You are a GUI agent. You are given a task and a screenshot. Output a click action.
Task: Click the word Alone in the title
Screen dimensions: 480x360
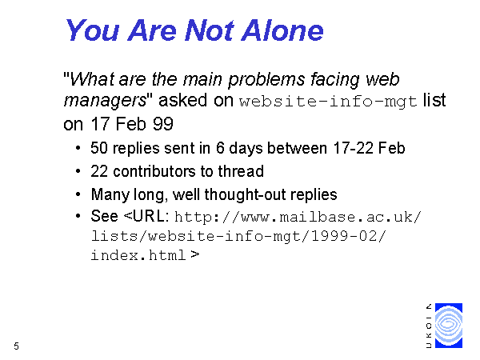tap(282, 30)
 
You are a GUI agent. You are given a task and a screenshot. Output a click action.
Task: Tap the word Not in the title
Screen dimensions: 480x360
tap(210, 30)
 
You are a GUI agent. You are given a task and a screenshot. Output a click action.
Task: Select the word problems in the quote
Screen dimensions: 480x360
tap(266, 80)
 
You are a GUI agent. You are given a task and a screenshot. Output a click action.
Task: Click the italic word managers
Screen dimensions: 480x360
tap(105, 101)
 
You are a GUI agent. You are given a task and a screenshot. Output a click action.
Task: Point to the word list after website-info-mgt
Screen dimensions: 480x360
tap(434, 100)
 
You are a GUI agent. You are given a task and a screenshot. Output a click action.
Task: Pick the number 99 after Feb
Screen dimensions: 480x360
tap(163, 124)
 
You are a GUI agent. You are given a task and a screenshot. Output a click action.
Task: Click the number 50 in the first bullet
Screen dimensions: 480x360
tap(99, 148)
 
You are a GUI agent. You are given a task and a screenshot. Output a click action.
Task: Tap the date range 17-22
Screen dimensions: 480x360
tap(353, 148)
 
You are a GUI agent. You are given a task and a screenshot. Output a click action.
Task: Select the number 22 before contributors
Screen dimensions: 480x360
tap(99, 171)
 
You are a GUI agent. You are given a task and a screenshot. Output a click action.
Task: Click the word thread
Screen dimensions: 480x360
tap(241, 171)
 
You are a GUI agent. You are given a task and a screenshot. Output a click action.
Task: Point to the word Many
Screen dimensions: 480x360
tap(110, 195)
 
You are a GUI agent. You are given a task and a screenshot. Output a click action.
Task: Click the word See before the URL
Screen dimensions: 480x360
tap(104, 216)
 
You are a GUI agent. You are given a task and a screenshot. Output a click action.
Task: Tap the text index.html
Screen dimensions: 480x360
tap(138, 255)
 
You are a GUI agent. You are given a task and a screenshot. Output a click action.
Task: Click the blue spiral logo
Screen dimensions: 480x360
tap(449, 326)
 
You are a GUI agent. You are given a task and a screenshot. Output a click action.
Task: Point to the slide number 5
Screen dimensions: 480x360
tap(16, 346)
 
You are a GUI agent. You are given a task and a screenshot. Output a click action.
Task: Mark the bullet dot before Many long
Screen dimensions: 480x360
tap(78, 194)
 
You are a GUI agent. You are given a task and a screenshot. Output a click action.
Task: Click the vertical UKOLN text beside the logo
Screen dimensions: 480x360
tap(429, 326)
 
